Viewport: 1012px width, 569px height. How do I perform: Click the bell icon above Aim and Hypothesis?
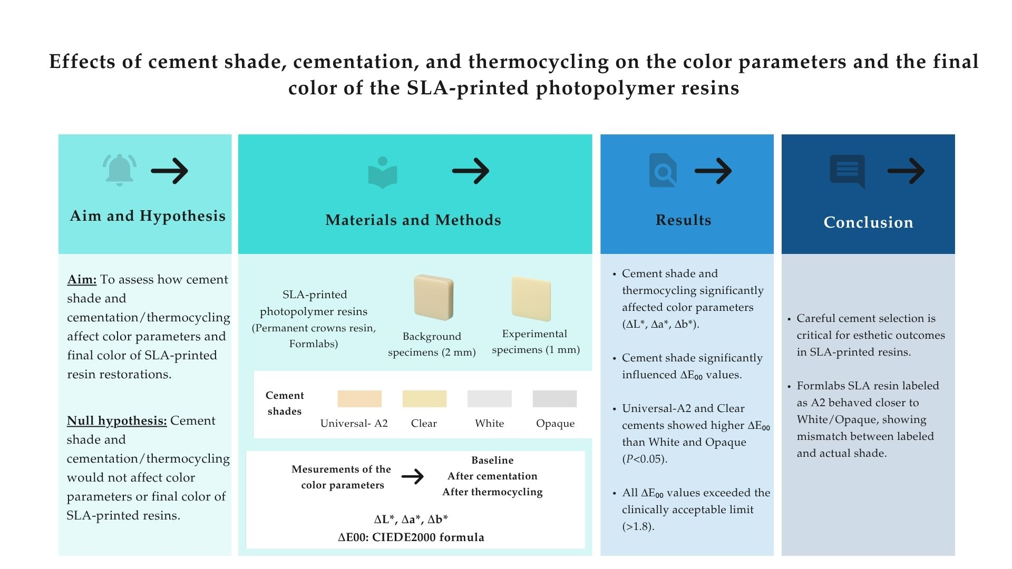pos(120,170)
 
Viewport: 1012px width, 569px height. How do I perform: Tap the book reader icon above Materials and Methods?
pos(383,172)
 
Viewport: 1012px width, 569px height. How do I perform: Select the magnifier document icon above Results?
pos(663,170)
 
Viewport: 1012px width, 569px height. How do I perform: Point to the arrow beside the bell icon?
pos(170,171)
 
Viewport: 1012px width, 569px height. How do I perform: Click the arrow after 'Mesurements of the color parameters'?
pos(413,477)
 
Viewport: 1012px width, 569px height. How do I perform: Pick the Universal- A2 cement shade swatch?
pos(359,399)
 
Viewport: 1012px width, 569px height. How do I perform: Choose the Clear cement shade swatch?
pos(424,399)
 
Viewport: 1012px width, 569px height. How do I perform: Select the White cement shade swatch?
pos(489,399)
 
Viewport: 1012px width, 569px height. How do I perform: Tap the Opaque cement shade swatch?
pos(554,399)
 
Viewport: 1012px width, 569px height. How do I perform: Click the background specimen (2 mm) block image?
pos(433,298)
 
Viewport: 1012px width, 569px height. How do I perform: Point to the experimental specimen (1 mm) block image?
pos(531,299)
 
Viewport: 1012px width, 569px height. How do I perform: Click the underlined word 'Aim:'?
pos(82,280)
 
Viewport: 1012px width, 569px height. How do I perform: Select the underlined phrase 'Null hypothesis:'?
pos(116,421)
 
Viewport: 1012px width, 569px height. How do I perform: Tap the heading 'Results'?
pos(683,220)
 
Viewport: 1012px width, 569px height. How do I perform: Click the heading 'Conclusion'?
pos(868,222)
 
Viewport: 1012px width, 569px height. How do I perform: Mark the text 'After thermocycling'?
pos(492,492)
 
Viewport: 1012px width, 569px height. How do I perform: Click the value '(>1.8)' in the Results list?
pos(638,526)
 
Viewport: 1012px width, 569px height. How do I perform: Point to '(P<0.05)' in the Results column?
pos(645,459)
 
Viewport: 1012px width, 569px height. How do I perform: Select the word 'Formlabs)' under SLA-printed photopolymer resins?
pos(314,344)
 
